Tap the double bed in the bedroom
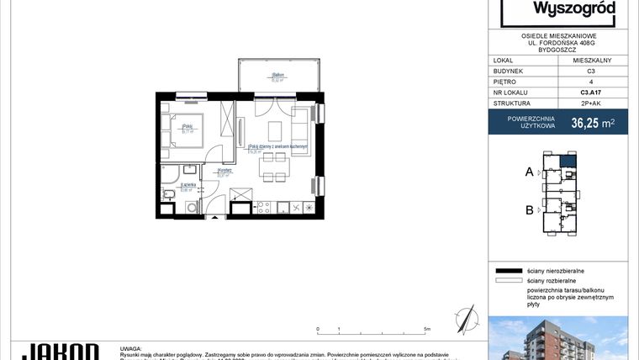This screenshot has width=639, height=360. coord(188,129)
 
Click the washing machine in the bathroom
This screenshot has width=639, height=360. coord(191,207)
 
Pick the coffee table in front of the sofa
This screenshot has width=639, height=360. coord(274,130)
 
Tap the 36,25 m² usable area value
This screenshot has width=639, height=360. coord(593,123)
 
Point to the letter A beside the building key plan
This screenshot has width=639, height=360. coord(530,172)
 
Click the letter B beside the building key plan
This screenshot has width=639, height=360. coord(530,211)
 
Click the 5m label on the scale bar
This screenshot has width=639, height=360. coord(427,330)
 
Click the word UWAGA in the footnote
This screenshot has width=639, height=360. coord(132,346)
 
